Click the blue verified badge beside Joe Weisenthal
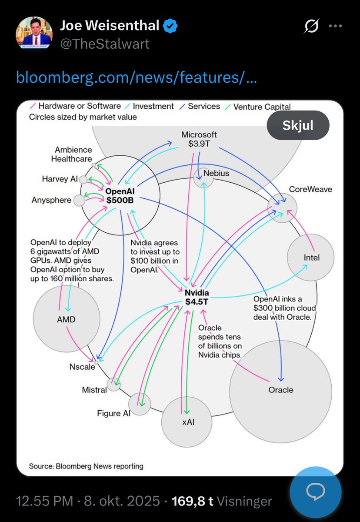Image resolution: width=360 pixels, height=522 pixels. (x=170, y=27)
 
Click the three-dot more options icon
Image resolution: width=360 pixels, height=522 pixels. (x=335, y=27)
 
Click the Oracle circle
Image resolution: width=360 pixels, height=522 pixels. (x=280, y=390)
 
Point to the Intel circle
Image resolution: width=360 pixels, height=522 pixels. (x=310, y=258)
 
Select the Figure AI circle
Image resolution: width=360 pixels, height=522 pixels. (x=140, y=404)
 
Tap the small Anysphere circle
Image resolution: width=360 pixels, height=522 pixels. (x=79, y=201)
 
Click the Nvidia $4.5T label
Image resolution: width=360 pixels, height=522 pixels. (x=197, y=297)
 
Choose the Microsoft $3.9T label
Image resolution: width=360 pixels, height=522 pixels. (x=199, y=139)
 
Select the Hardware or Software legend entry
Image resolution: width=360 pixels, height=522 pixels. (x=76, y=106)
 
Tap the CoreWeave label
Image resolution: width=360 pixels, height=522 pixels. (x=310, y=189)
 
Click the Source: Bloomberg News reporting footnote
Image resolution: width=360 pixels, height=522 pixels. (x=86, y=466)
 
